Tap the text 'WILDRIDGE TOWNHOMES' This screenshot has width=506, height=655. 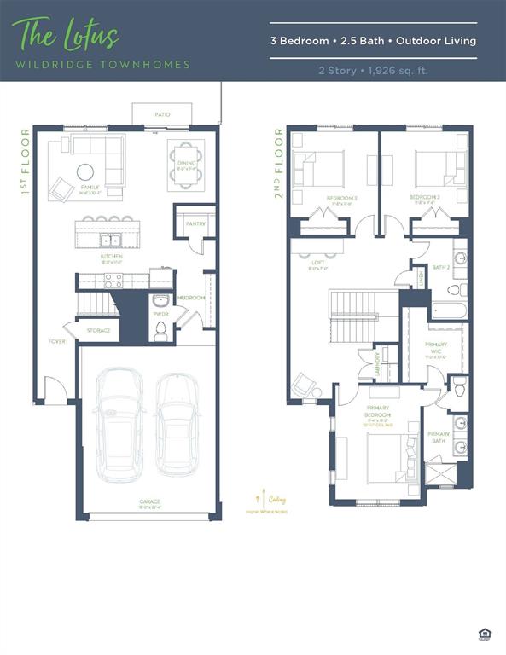101,64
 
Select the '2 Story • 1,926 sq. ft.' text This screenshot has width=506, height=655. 373,71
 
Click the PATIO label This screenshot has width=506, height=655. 161,113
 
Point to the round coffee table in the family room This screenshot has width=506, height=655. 86,171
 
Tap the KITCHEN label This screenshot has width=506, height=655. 112,256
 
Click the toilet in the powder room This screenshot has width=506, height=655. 160,330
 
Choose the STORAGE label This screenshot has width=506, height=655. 98,330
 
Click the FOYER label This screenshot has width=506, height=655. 56,341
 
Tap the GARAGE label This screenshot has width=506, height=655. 150,501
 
